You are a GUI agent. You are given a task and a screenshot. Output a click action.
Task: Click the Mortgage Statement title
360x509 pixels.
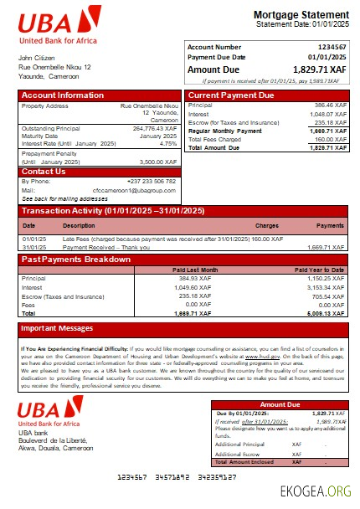301,15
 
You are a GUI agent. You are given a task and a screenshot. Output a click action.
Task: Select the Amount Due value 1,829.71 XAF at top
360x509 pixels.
316,70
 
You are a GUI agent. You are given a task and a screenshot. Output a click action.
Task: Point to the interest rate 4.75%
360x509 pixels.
168,143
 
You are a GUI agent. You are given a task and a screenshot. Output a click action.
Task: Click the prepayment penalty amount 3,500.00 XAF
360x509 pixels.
157,161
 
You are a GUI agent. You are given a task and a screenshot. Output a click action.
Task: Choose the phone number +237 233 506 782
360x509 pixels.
152,181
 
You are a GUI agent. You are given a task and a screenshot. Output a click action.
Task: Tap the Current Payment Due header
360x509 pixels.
230,95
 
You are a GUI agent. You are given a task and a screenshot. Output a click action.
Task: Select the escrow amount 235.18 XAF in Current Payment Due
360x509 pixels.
329,122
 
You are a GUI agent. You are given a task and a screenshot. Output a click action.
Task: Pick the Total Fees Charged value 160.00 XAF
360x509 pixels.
327,139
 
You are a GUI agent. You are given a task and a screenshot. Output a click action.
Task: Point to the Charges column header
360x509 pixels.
266,225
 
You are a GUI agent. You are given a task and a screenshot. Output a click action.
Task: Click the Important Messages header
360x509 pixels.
56,327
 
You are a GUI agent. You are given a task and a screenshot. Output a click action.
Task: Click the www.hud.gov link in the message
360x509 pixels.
257,357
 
